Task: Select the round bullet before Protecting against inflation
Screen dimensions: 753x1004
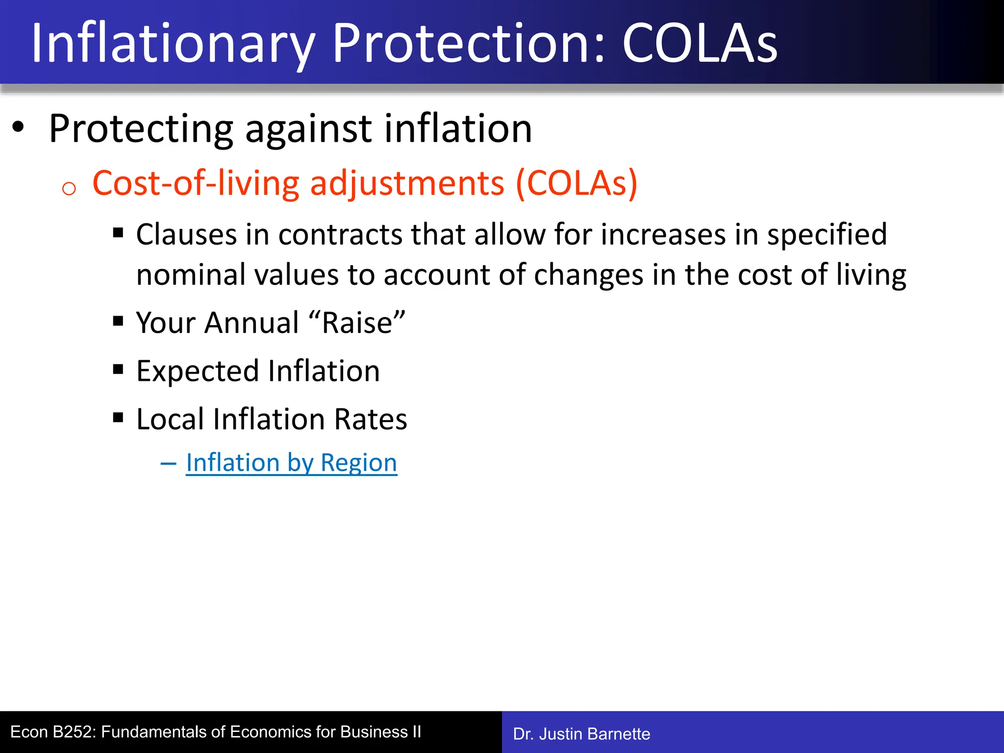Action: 18,127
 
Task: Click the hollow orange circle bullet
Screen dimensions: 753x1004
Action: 69,189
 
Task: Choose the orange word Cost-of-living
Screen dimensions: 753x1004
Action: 196,183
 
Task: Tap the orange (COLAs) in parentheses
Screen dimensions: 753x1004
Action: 577,183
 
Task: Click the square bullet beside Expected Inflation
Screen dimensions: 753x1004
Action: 118,369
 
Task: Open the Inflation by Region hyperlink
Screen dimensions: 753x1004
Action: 292,463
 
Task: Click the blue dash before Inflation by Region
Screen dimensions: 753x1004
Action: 168,463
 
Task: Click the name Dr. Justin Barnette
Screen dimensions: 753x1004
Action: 581,734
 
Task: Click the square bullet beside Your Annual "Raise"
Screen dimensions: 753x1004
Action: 118,321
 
